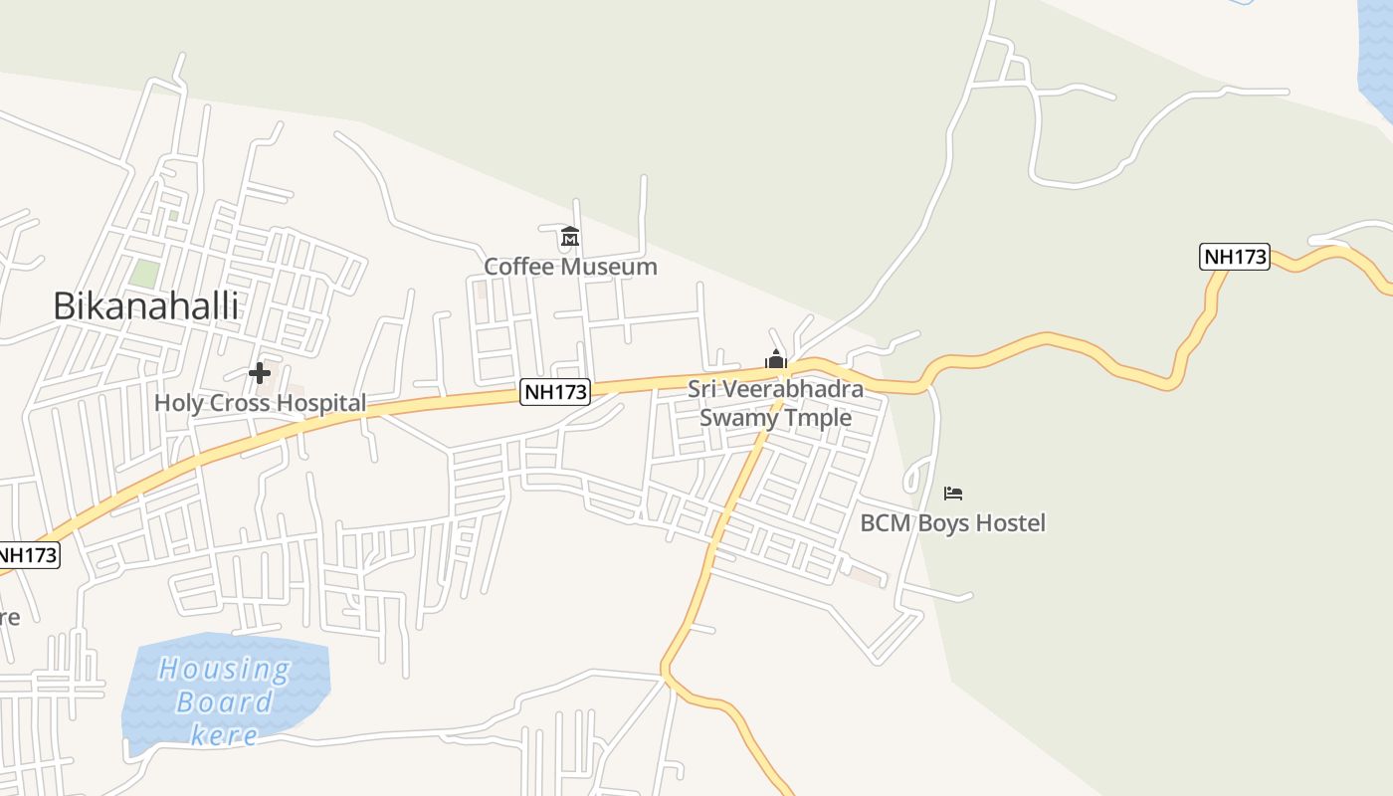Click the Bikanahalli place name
[145, 305]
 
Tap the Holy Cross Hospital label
[260, 403]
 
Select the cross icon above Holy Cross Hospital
[260, 373]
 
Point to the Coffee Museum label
[570, 267]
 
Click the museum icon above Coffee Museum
[570, 237]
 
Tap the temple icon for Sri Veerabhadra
[776, 359]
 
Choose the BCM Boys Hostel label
[952, 522]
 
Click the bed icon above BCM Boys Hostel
[953, 493]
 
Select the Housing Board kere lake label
[225, 701]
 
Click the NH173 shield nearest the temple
[556, 392]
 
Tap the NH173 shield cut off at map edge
[28, 555]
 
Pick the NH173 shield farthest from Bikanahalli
[1235, 257]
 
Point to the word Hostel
[1011, 522]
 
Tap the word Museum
[609, 267]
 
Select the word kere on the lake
[224, 736]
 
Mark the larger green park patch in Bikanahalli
[145, 274]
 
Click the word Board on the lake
[224, 702]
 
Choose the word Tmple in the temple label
[819, 417]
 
